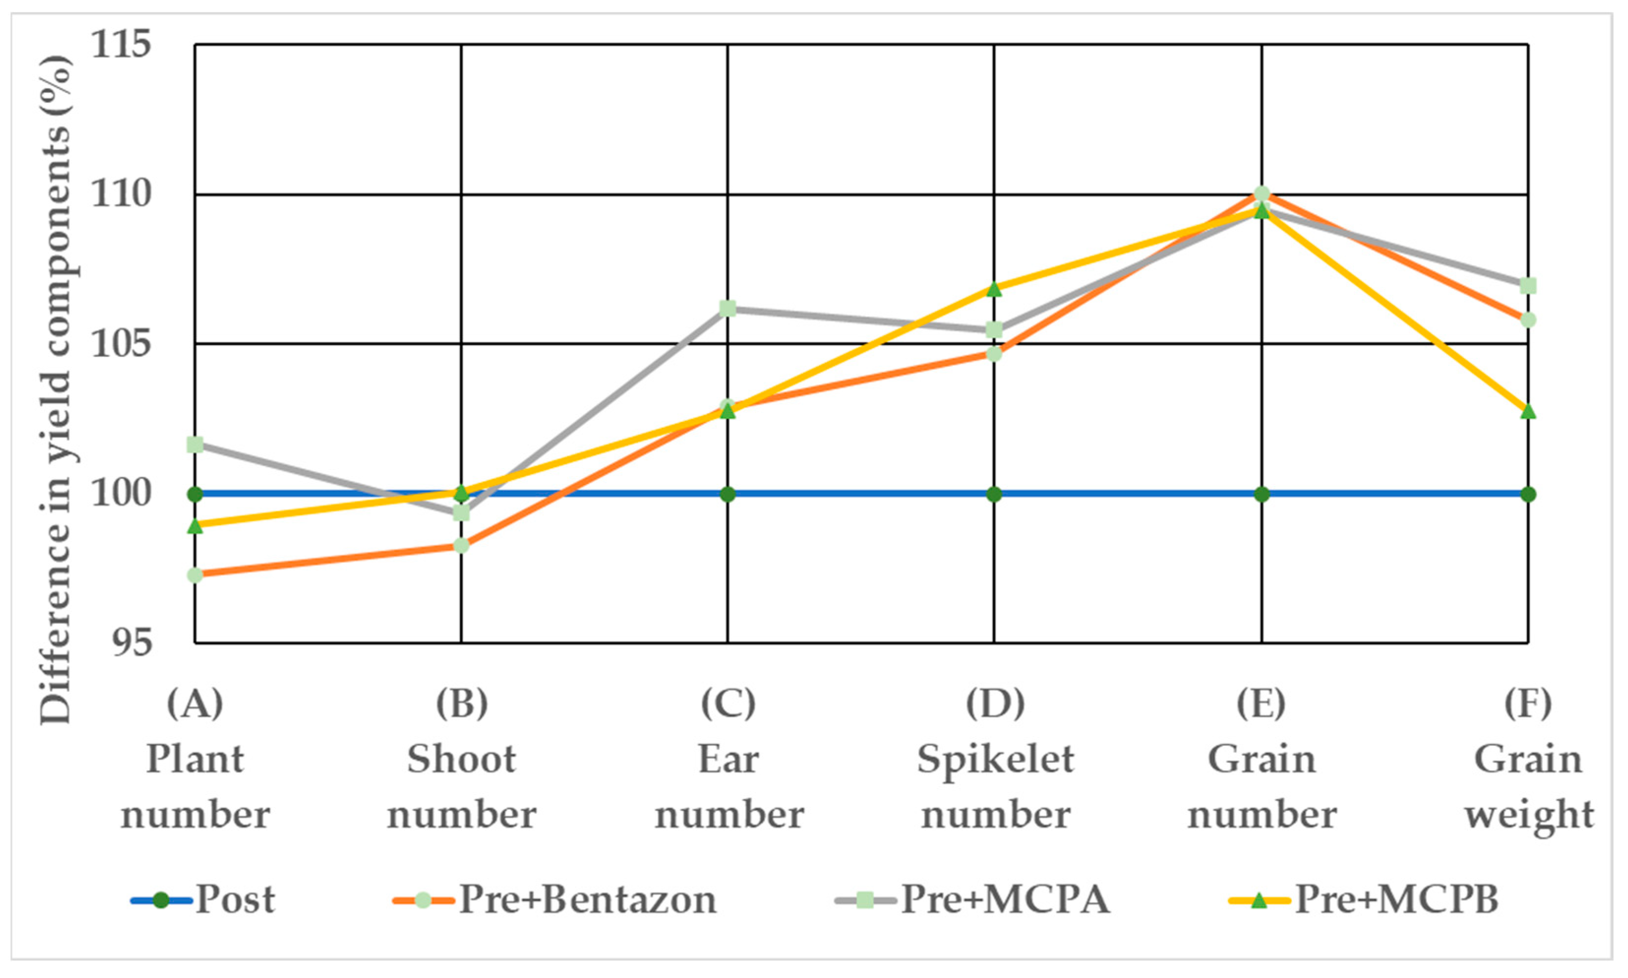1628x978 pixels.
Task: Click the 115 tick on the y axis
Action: (120, 45)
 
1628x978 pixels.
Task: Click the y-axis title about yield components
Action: (56, 389)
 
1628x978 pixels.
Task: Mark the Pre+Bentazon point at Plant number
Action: (195, 575)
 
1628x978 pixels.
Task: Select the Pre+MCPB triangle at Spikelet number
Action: (994, 289)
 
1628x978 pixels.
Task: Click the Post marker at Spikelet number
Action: (994, 494)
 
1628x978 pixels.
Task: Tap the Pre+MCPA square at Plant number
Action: (195, 445)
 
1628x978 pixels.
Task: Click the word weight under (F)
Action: (1529, 816)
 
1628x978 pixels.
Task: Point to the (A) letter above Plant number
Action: (195, 703)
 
